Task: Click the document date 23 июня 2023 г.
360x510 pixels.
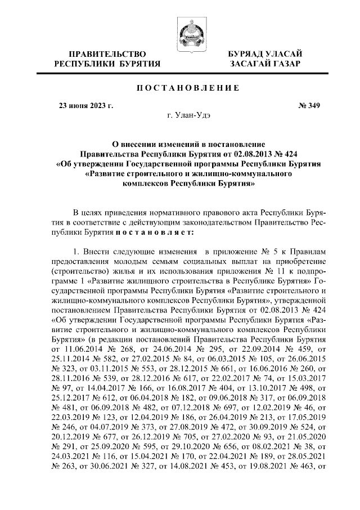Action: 87,105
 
